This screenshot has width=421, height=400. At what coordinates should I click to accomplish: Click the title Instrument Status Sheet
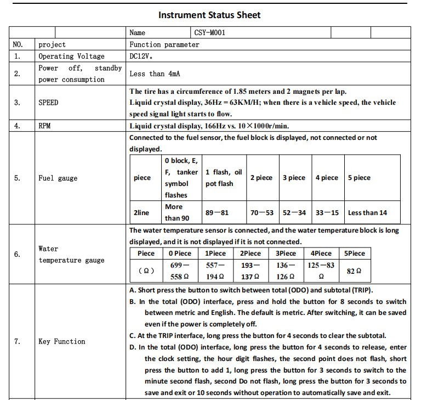click(x=209, y=15)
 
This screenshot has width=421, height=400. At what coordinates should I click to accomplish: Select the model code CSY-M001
click(x=210, y=33)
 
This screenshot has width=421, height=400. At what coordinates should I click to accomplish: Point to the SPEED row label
click(x=48, y=103)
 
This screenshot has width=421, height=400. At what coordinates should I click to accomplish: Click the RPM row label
click(x=44, y=126)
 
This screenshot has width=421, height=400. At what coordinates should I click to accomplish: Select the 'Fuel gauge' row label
click(x=58, y=178)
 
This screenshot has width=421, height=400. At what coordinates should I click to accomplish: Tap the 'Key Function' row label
click(x=62, y=341)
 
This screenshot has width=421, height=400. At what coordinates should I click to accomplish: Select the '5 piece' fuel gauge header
click(x=359, y=178)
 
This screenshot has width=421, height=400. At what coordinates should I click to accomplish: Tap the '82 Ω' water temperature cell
click(x=355, y=271)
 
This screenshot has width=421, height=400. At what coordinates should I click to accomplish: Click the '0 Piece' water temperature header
click(x=180, y=253)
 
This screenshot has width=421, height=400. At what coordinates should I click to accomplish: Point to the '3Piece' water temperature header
click(x=286, y=253)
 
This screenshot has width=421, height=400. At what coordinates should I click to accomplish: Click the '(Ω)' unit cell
click(x=146, y=271)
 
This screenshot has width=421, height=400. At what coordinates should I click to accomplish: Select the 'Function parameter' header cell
click(x=164, y=44)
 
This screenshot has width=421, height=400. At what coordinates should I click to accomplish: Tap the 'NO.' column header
click(x=18, y=44)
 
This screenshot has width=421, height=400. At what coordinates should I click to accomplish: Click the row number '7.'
click(x=18, y=341)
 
